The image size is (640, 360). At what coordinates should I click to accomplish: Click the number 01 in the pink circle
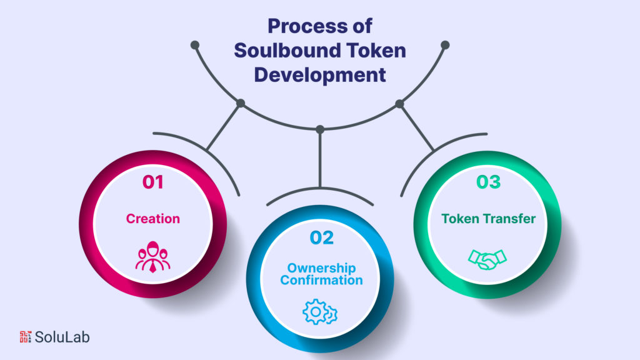pyautogui.click(x=153, y=182)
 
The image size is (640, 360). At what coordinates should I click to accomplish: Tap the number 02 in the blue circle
pyautogui.click(x=321, y=237)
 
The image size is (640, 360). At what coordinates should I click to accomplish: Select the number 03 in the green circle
pyautogui.click(x=489, y=182)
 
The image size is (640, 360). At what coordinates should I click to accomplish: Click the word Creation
pyautogui.click(x=153, y=219)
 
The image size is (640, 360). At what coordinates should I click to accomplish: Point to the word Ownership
pyautogui.click(x=321, y=268)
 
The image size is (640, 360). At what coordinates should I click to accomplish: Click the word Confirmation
pyautogui.click(x=321, y=280)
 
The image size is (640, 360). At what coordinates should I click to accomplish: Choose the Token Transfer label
pyautogui.click(x=488, y=219)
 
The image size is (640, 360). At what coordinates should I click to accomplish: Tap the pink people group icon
pyautogui.click(x=153, y=258)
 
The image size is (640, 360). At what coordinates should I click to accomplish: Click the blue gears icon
pyautogui.click(x=321, y=311)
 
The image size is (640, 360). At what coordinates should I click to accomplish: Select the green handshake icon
pyautogui.click(x=488, y=258)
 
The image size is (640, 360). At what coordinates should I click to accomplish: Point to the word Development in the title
pyautogui.click(x=320, y=75)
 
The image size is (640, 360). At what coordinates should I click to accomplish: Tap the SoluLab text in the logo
pyautogui.click(x=62, y=337)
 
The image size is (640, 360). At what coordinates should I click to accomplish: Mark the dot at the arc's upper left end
pyautogui.click(x=195, y=45)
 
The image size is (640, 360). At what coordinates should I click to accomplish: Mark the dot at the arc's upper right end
pyautogui.click(x=445, y=45)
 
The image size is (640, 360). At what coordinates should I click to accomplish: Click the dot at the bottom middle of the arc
pyautogui.click(x=320, y=129)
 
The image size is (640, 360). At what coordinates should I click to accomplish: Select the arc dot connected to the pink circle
pyautogui.click(x=241, y=103)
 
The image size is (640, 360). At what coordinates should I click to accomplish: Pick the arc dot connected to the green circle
pyautogui.click(x=399, y=103)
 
